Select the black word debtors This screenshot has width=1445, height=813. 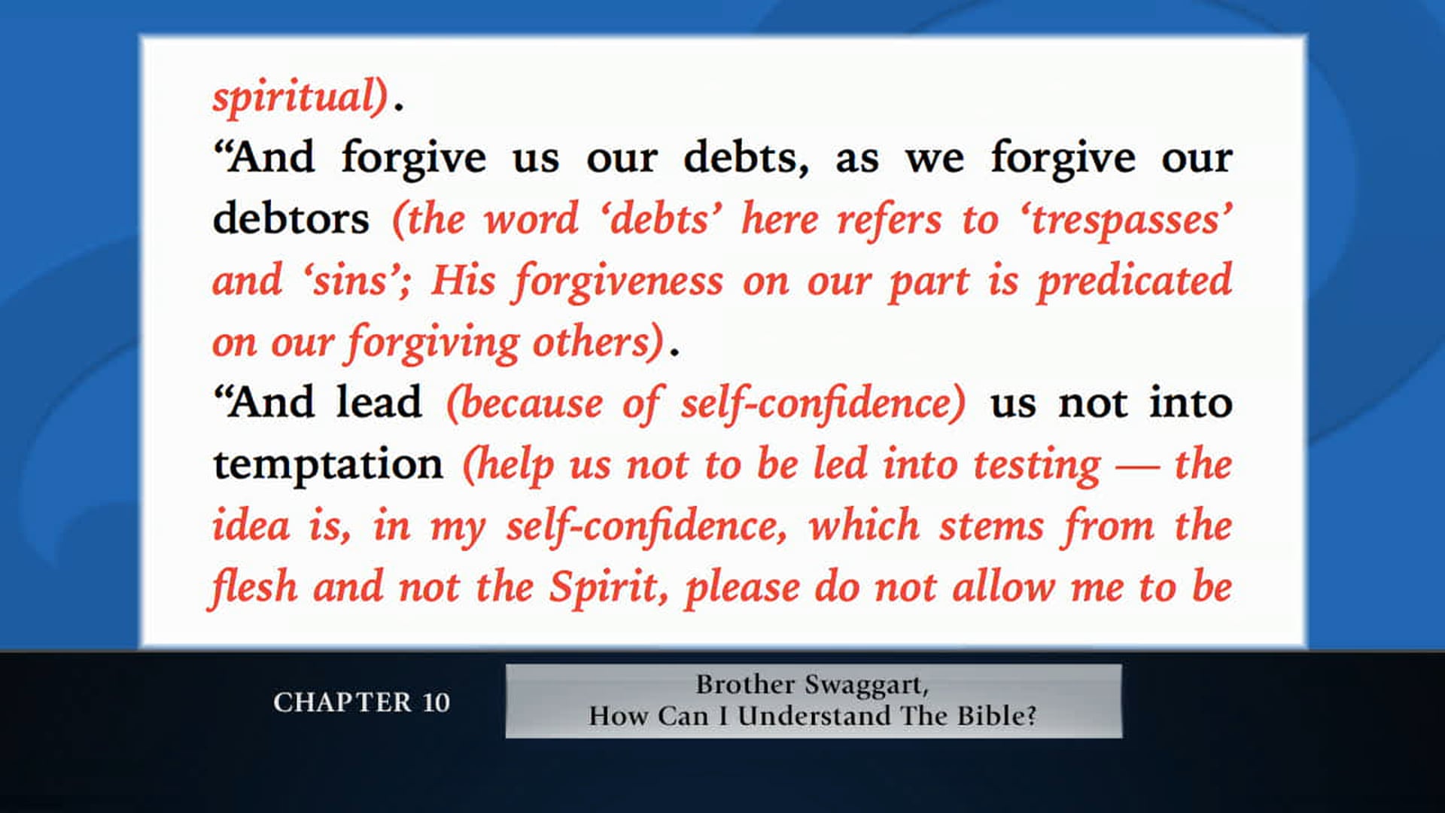tap(291, 219)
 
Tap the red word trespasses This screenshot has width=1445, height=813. tap(1131, 221)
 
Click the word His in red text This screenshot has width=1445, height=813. tap(463, 281)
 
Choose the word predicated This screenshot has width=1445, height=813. tap(1134, 282)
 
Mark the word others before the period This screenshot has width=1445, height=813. tap(597, 343)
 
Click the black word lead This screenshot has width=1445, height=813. tap(379, 403)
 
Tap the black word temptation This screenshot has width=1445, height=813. tap(327, 464)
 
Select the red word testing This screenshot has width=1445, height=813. tap(1036, 466)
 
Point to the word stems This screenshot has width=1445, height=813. tap(991, 525)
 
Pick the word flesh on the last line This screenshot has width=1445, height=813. tap(254, 587)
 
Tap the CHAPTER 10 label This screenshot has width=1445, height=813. tap(361, 702)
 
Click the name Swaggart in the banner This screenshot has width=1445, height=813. tap(866, 685)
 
